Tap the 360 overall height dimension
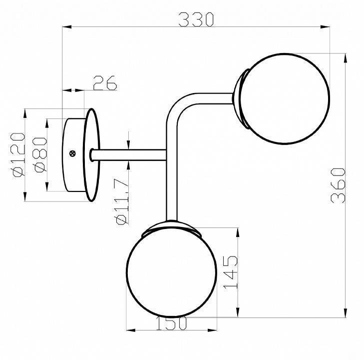point(339,184)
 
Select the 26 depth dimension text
point(104,82)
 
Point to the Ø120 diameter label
point(17,154)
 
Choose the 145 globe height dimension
point(229,272)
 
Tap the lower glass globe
point(171,272)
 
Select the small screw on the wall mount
point(73,153)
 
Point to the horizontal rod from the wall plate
point(130,154)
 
